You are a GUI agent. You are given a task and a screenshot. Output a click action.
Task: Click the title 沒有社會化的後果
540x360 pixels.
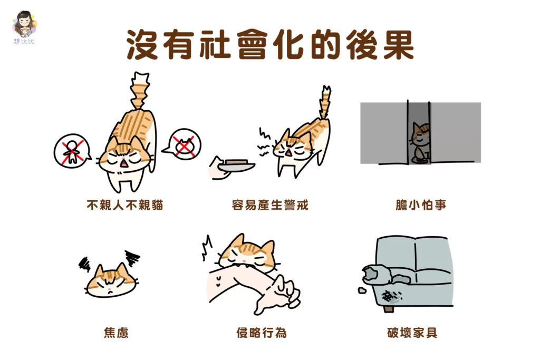pos(271,45)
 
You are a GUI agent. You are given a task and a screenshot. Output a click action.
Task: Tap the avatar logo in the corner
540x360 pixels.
pos(24,27)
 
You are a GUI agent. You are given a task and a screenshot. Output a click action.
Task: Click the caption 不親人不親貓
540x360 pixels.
pos(124,205)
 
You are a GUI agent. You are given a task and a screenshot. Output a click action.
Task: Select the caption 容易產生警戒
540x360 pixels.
pos(270,205)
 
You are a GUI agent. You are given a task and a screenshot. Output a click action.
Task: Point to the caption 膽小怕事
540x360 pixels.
pos(421,205)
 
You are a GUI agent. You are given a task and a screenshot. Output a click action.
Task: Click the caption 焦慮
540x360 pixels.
pos(116,333)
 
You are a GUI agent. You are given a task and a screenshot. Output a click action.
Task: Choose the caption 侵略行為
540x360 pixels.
pos(262,333)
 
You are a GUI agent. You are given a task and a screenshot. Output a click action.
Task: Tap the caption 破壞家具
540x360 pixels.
pos(412,333)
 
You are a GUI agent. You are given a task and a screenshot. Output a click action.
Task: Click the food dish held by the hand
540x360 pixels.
pos(237,165)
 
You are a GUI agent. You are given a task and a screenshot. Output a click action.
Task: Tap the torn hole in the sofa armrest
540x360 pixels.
pos(371,273)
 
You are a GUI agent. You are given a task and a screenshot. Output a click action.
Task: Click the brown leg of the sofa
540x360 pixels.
pos(388,308)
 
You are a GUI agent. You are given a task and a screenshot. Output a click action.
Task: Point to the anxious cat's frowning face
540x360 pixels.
pos(110,280)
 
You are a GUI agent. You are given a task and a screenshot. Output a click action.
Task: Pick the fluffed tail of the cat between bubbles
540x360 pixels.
pos(139,91)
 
